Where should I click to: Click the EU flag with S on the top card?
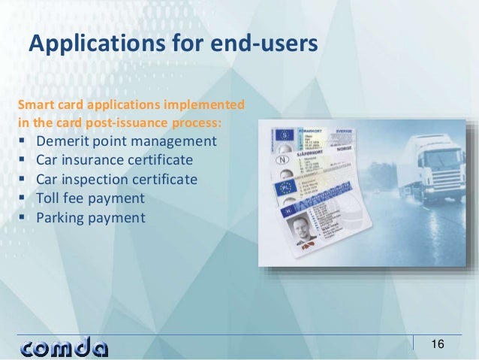[x=284, y=136]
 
